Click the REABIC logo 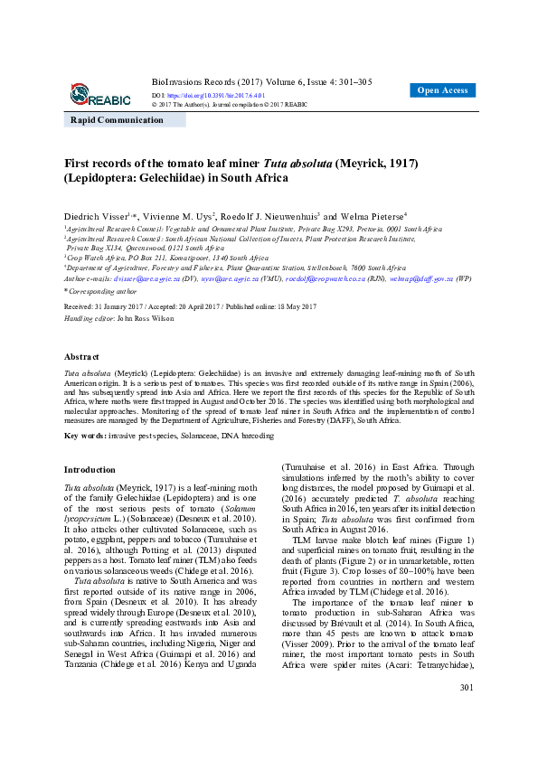pos(99,94)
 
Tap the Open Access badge pos(442,90)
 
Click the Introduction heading pos(90,470)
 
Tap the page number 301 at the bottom pos(467,739)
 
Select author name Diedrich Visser pos(96,217)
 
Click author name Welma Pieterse pos(374,217)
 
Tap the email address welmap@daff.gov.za pos(421,280)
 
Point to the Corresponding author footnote pos(103,292)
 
